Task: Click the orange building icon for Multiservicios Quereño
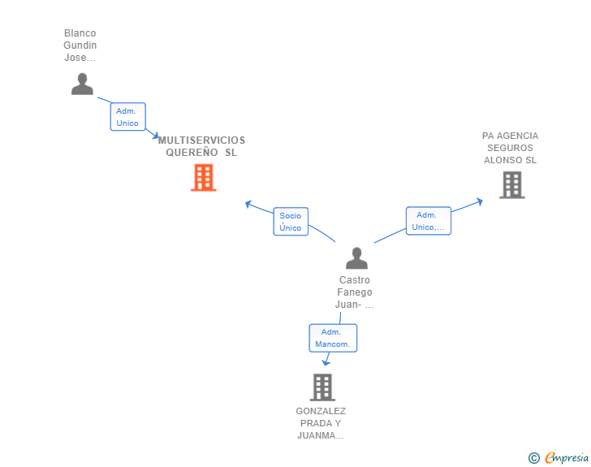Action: (204, 177)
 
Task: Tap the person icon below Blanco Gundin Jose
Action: (82, 84)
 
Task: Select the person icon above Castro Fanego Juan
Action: (356, 258)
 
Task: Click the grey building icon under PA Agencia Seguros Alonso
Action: (512, 185)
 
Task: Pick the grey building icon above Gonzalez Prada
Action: (322, 387)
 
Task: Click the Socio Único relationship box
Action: (291, 222)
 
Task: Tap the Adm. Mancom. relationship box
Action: (333, 338)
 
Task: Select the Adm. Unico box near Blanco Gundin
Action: (127, 117)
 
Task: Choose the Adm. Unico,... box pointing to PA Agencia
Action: (428, 221)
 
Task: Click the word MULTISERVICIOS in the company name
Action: (201, 141)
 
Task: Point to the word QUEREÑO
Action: (192, 153)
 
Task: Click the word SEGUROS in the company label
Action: (511, 148)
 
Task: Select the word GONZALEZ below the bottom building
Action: (321, 411)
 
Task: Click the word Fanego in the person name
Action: (355, 292)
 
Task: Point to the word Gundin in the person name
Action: (80, 45)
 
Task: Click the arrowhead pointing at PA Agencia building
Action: (480, 201)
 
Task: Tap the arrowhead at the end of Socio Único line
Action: (248, 204)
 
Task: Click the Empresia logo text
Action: (567, 457)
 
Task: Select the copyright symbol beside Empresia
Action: (534, 458)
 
